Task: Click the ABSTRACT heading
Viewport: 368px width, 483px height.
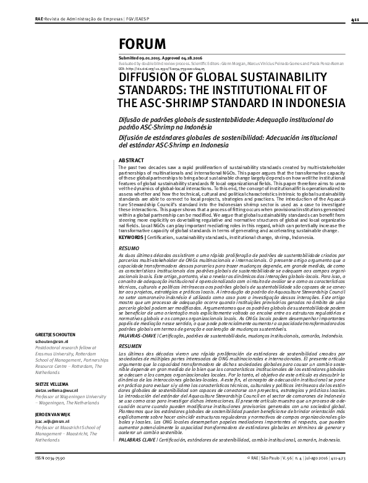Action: tap(130, 160)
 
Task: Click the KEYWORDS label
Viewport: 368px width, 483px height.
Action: tap(132, 237)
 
